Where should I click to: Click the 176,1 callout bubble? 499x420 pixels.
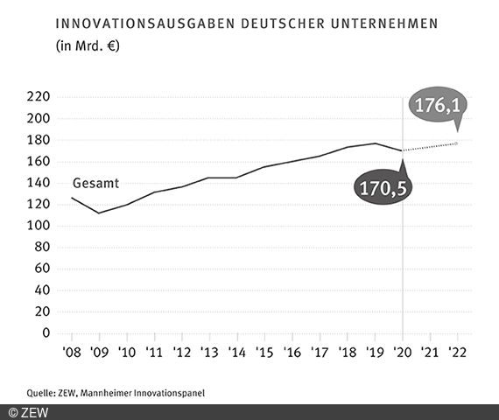[439, 106]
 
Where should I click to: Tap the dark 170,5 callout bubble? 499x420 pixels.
[382, 185]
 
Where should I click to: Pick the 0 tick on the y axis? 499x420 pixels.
[47, 333]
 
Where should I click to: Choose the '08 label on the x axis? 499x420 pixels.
[71, 353]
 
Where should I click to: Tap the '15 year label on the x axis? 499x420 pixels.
[264, 353]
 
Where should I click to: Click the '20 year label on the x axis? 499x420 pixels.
[402, 353]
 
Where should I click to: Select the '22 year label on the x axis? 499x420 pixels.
[457, 353]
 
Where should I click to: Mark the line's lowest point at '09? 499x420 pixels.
[99, 213]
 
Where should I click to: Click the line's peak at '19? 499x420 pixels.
[375, 143]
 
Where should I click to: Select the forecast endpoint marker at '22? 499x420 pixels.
[457, 143]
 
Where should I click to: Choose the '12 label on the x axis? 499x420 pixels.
[181, 353]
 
